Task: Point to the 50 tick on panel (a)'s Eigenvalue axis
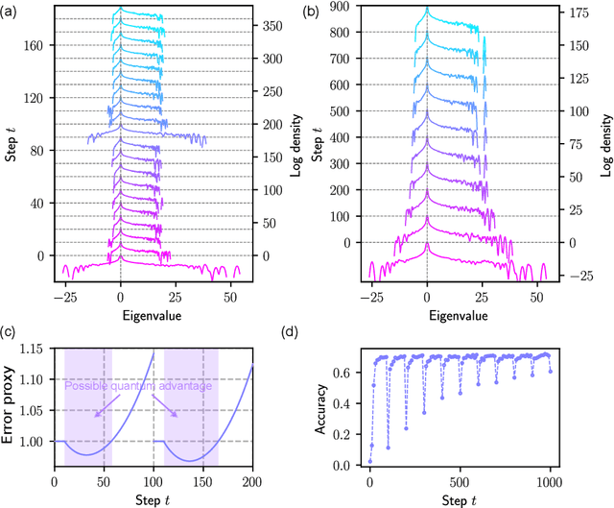[x=231, y=299]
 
